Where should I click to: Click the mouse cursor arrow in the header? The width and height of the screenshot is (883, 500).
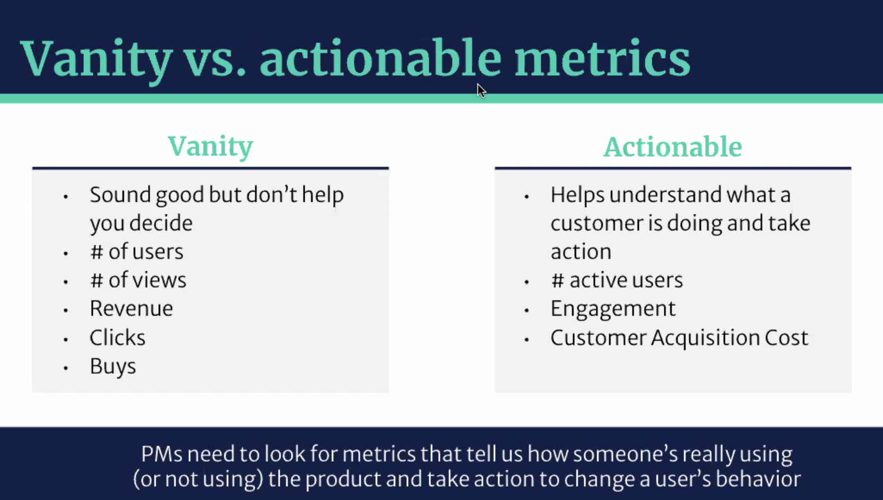click(x=481, y=91)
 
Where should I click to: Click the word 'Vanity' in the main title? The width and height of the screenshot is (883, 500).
click(x=97, y=59)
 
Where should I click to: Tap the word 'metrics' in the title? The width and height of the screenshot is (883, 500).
click(x=602, y=57)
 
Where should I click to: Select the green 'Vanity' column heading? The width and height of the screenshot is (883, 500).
click(x=211, y=146)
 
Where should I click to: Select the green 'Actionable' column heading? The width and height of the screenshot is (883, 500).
click(x=673, y=146)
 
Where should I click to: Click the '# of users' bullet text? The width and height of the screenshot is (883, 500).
click(x=137, y=252)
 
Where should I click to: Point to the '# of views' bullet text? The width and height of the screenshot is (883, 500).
click(x=138, y=280)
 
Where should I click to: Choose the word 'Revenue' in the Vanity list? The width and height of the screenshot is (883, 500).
click(x=131, y=308)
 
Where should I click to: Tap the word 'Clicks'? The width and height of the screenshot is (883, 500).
click(x=117, y=337)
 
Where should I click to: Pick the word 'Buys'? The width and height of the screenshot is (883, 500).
click(x=112, y=366)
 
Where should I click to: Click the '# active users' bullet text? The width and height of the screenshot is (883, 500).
click(x=617, y=280)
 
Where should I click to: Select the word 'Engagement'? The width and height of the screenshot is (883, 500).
click(x=613, y=309)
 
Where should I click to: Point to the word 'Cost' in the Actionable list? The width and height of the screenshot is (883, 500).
click(x=786, y=338)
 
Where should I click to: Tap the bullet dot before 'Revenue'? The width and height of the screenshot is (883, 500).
click(x=66, y=311)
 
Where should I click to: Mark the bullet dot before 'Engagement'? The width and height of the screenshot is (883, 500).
click(x=526, y=311)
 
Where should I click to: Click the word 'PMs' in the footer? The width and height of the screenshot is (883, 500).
click(x=162, y=454)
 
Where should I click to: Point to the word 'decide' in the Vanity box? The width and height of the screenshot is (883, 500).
click(x=161, y=223)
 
